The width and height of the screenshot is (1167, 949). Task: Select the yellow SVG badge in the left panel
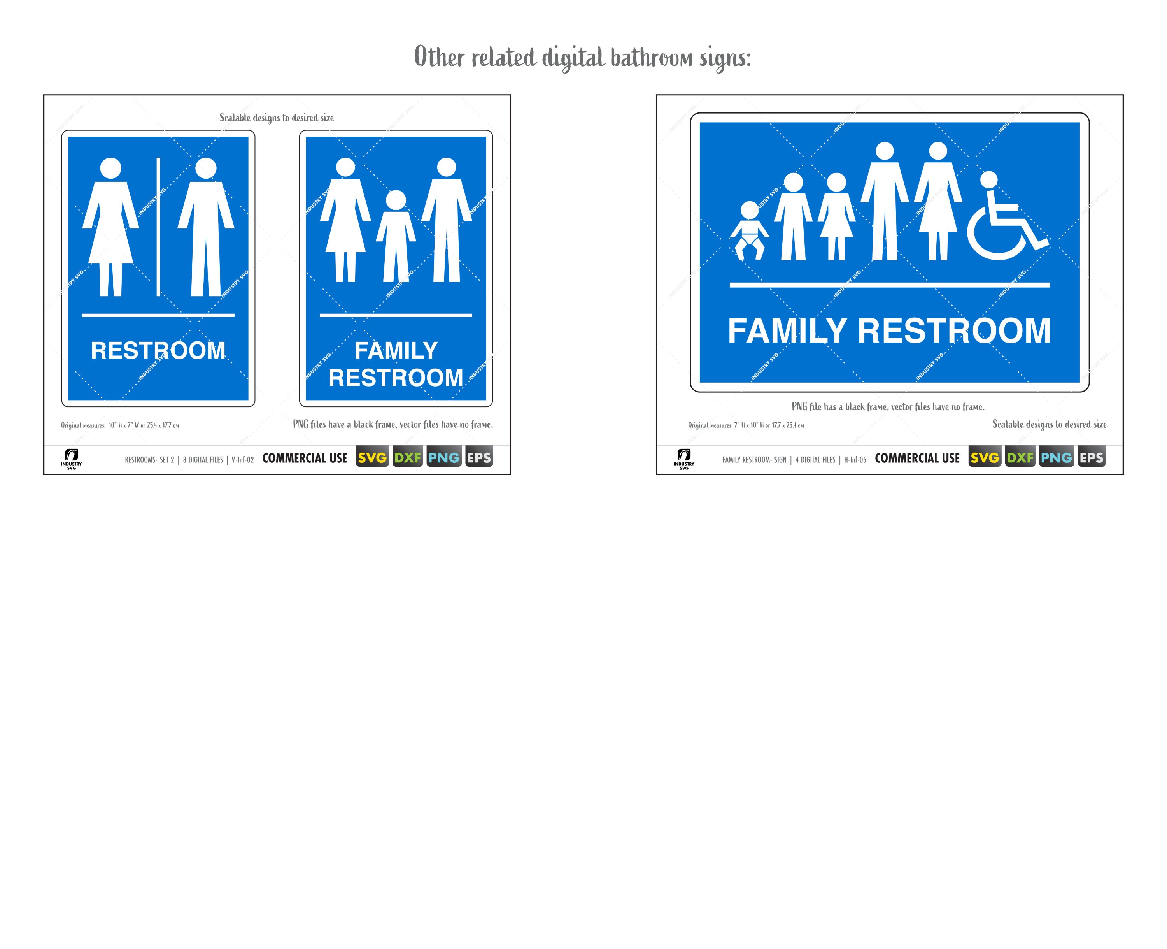point(372,457)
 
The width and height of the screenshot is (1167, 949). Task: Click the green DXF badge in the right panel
point(1020,457)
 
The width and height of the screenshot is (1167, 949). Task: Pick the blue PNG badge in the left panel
point(443,457)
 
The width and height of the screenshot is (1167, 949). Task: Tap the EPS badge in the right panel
point(1091,457)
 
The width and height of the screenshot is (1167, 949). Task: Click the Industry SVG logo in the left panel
point(71,459)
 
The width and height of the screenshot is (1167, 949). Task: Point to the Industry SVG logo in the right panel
point(683,459)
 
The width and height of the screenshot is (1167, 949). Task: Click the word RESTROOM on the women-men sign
point(158,350)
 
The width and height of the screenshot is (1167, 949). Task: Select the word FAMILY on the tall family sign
point(396,350)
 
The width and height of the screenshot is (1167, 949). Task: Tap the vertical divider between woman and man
point(158,227)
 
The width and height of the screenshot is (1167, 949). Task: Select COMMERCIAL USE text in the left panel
point(305,458)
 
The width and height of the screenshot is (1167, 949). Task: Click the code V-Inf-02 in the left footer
point(243,460)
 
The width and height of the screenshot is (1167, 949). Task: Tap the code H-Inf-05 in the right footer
point(855,460)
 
